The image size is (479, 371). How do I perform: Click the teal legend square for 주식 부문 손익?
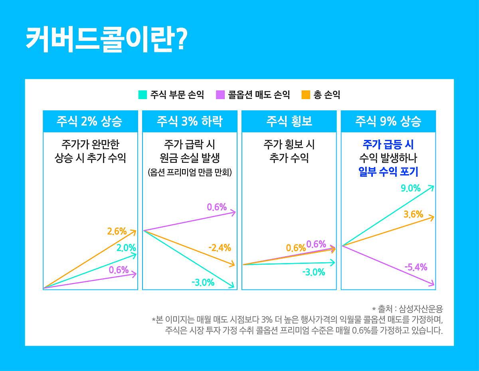coord(143,95)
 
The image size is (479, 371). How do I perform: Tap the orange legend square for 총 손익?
coord(306,95)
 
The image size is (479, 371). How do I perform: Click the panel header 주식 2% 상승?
coord(90,121)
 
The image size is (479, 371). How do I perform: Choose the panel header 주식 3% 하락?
coord(190,121)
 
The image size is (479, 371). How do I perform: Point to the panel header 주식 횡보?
coord(289,121)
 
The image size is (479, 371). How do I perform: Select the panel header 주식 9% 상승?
coord(388,121)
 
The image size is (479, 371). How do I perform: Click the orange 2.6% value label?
coord(117,231)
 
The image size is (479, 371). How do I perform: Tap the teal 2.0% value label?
coord(126,248)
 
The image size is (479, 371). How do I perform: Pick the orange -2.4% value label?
coord(220,248)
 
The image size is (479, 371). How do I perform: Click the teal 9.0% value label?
coord(411,188)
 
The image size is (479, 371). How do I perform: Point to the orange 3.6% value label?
coord(413,214)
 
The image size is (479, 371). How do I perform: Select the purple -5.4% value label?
coord(416,267)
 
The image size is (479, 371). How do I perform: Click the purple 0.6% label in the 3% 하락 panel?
coord(217,207)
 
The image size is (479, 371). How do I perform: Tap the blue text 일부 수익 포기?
coord(388,172)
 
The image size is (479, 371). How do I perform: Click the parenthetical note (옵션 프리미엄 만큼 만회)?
coord(190,173)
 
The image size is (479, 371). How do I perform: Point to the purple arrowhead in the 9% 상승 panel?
coord(432,284)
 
